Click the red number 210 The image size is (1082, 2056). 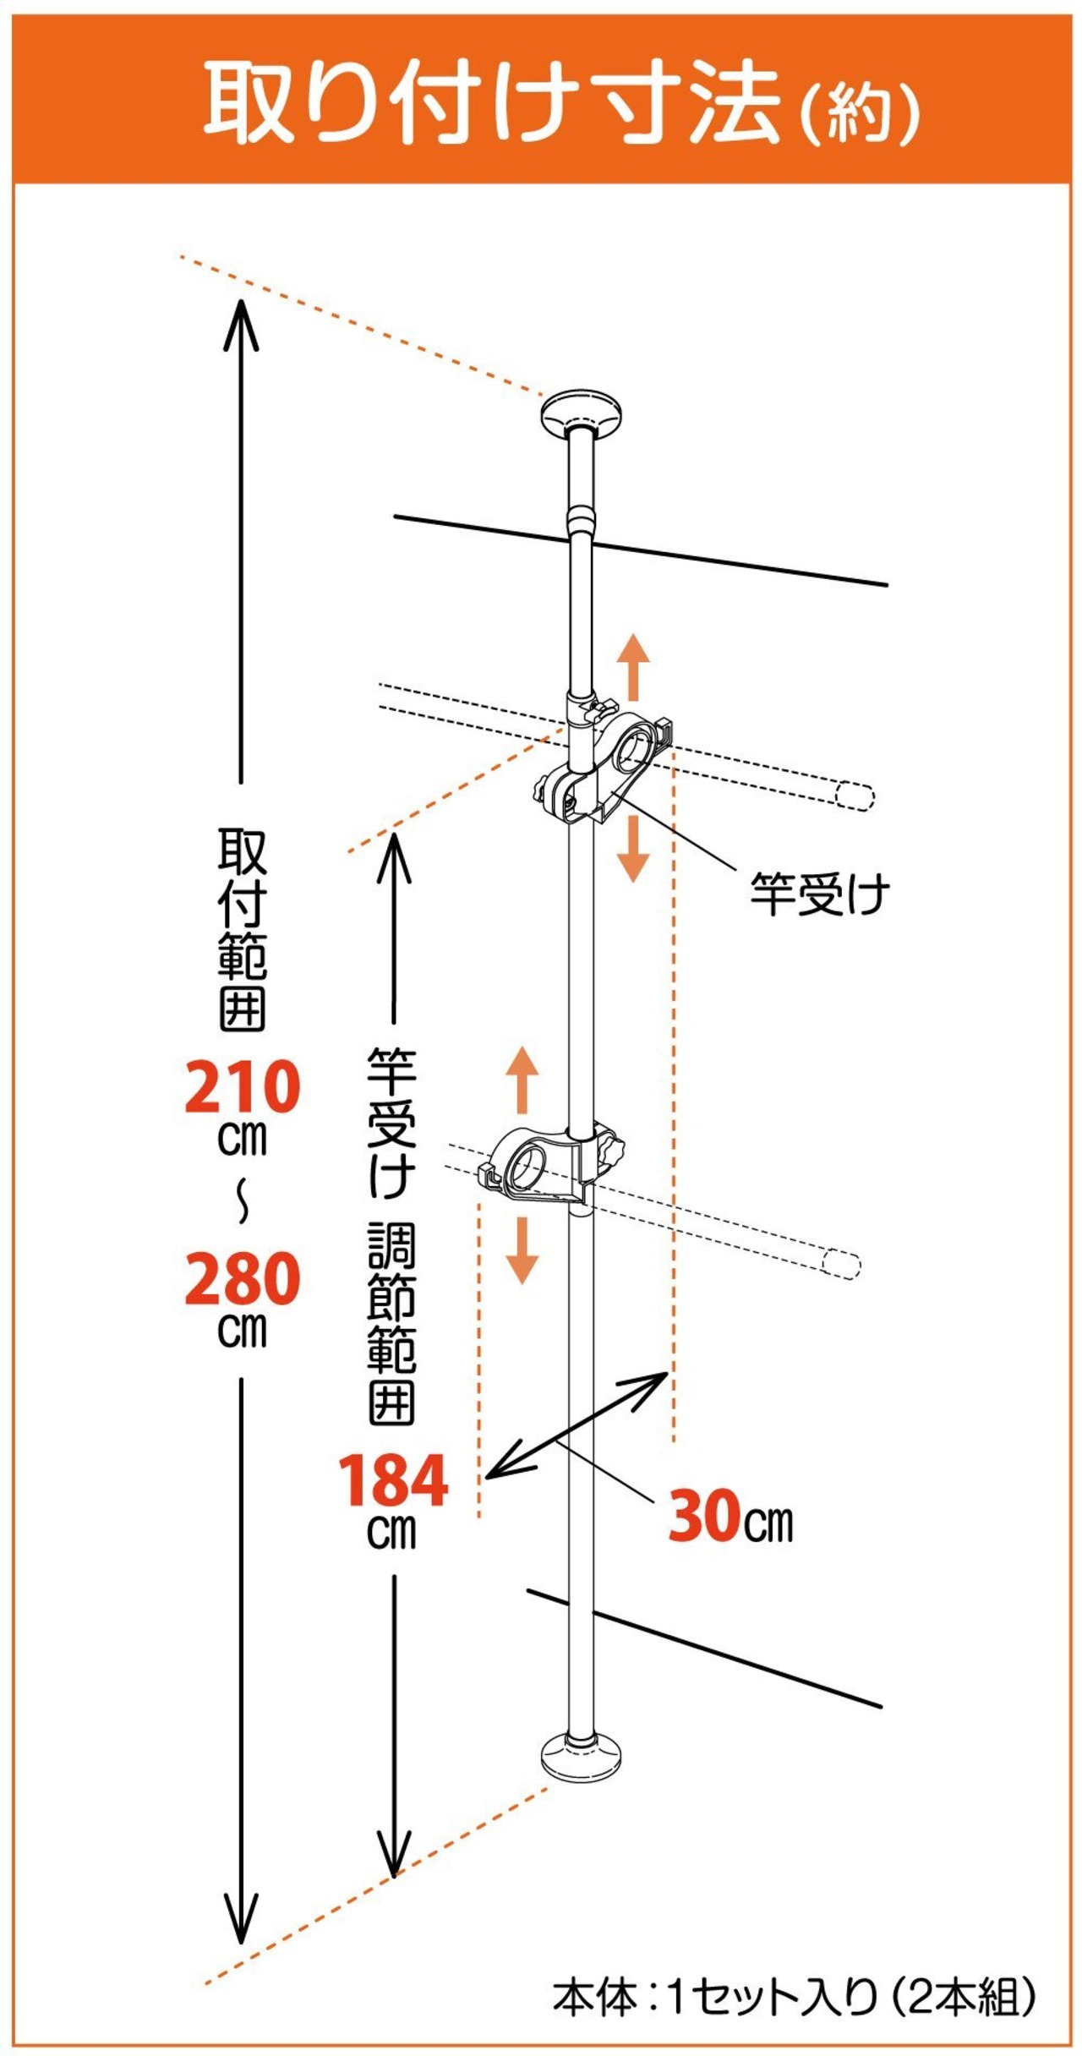tap(243, 1088)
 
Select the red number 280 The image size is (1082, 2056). tap(243, 1279)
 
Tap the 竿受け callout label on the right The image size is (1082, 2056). tap(820, 894)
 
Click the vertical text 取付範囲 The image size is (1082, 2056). tap(243, 930)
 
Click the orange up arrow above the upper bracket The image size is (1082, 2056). tap(632, 668)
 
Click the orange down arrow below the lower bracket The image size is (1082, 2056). tap(522, 1249)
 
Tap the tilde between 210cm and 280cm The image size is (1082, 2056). tap(243, 1201)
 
